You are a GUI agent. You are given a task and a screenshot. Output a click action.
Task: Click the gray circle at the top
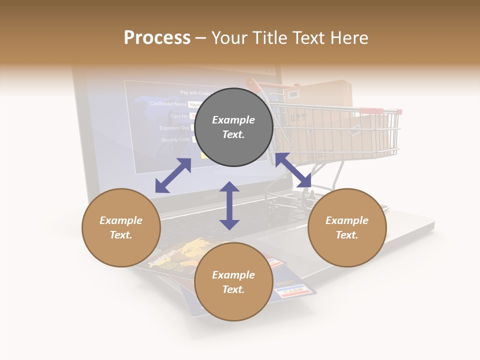[233, 127]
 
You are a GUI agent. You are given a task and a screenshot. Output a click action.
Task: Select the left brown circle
[121, 227]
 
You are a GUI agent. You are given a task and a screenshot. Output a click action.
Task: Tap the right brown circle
[347, 227]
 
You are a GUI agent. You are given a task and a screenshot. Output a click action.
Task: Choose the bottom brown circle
[233, 281]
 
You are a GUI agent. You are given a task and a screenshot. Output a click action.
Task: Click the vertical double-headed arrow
[229, 205]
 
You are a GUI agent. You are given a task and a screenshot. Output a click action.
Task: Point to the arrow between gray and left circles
[173, 175]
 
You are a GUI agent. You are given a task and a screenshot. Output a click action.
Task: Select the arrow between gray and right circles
[293, 170]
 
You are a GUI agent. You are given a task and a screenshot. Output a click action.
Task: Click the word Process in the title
[157, 37]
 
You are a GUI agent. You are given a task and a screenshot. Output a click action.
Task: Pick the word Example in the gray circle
[233, 120]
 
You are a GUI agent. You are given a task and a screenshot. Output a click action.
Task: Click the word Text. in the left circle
[121, 235]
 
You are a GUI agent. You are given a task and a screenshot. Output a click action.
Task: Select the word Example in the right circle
[347, 220]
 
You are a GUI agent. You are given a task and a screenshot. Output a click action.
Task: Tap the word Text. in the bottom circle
[233, 289]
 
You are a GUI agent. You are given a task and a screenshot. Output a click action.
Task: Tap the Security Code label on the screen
[175, 140]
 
